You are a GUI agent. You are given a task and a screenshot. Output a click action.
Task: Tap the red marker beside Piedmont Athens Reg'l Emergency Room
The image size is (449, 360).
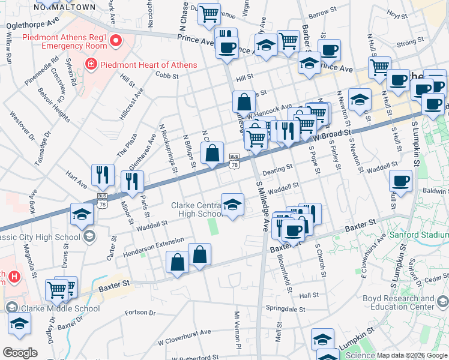pos(116,41)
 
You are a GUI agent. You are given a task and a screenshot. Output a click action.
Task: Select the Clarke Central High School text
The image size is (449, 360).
pos(197,209)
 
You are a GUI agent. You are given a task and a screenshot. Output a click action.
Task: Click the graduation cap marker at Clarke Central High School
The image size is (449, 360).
pos(232,204)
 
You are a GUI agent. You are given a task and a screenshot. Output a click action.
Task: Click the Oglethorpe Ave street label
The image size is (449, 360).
pos(33,25)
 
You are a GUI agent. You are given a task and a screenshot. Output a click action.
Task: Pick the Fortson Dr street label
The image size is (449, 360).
pos(140,313)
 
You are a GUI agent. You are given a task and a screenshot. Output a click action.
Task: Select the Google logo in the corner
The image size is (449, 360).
pos(20,353)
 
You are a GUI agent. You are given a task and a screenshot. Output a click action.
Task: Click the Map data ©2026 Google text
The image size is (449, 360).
pos(411,355)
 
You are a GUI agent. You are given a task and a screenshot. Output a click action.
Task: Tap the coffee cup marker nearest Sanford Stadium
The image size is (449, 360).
pos(400,180)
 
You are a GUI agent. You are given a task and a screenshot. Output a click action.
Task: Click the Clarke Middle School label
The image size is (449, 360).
pos(60,309)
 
